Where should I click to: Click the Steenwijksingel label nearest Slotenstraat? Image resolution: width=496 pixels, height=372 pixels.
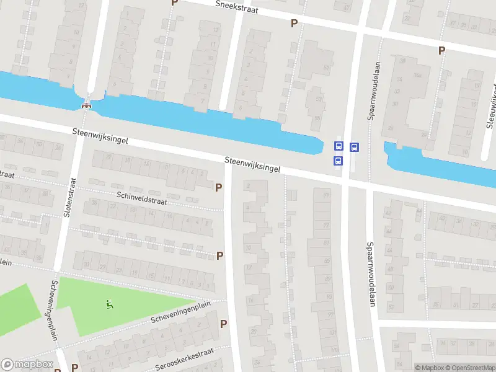pyautogui.click(x=100, y=136)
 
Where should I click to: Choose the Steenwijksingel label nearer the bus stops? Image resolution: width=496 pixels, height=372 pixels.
pyautogui.click(x=252, y=164)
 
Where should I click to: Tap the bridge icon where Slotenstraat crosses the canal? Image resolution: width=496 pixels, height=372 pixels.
pyautogui.click(x=87, y=104)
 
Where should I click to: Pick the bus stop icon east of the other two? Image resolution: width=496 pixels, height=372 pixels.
pyautogui.click(x=354, y=148)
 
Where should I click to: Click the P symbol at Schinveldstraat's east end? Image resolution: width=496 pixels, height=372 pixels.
pyautogui.click(x=218, y=187)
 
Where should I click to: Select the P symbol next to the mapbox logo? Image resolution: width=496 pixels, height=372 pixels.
pyautogui.click(x=74, y=368)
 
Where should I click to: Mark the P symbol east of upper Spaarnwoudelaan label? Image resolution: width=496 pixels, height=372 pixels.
pyautogui.click(x=441, y=51)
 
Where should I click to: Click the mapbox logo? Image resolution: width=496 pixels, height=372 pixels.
pyautogui.click(x=27, y=365)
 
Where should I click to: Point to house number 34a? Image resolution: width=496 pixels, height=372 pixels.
pyautogui.click(x=418, y=75)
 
